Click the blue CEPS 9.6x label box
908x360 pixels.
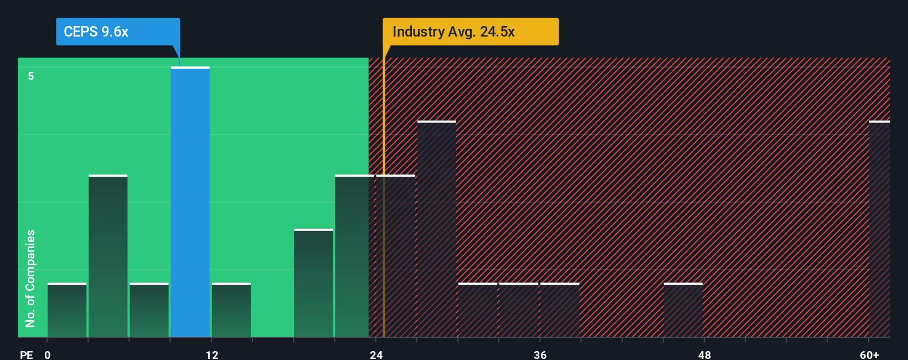[x=117, y=32]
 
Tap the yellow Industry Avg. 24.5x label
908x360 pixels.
[x=470, y=32]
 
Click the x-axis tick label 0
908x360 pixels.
[x=48, y=354]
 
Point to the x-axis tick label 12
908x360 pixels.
[x=211, y=354]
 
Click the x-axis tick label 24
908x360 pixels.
[x=376, y=354]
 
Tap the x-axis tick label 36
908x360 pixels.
[x=540, y=354]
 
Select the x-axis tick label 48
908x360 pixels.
[x=704, y=354]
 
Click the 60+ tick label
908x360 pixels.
[x=869, y=354]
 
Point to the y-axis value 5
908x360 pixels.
[x=31, y=76]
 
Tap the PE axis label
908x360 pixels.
[x=26, y=354]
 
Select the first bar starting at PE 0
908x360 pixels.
[x=67, y=310]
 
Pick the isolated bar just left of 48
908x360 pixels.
[x=683, y=310]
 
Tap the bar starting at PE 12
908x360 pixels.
[x=231, y=310]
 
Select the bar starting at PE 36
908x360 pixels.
[x=560, y=310]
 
